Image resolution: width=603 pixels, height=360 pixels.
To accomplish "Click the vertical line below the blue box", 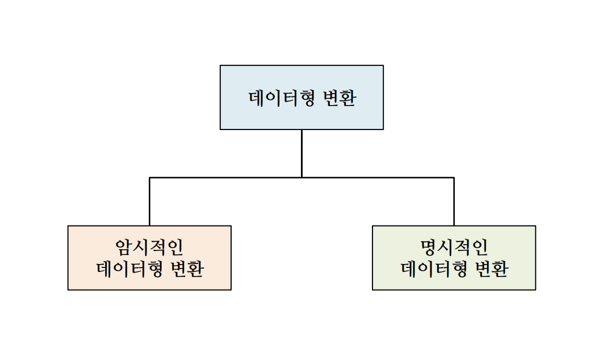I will pos(301,153).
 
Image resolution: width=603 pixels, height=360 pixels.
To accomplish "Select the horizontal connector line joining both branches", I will pos(227,178).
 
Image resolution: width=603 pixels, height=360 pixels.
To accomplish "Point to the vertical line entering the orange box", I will pos(149,202).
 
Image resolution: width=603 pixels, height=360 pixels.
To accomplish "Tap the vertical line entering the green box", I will pos(454,202).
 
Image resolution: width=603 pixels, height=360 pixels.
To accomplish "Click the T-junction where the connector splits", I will pos(301,178).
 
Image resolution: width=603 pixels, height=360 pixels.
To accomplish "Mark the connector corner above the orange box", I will pos(149,178).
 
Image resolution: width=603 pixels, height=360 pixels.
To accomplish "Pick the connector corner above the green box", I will pos(454,178).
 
